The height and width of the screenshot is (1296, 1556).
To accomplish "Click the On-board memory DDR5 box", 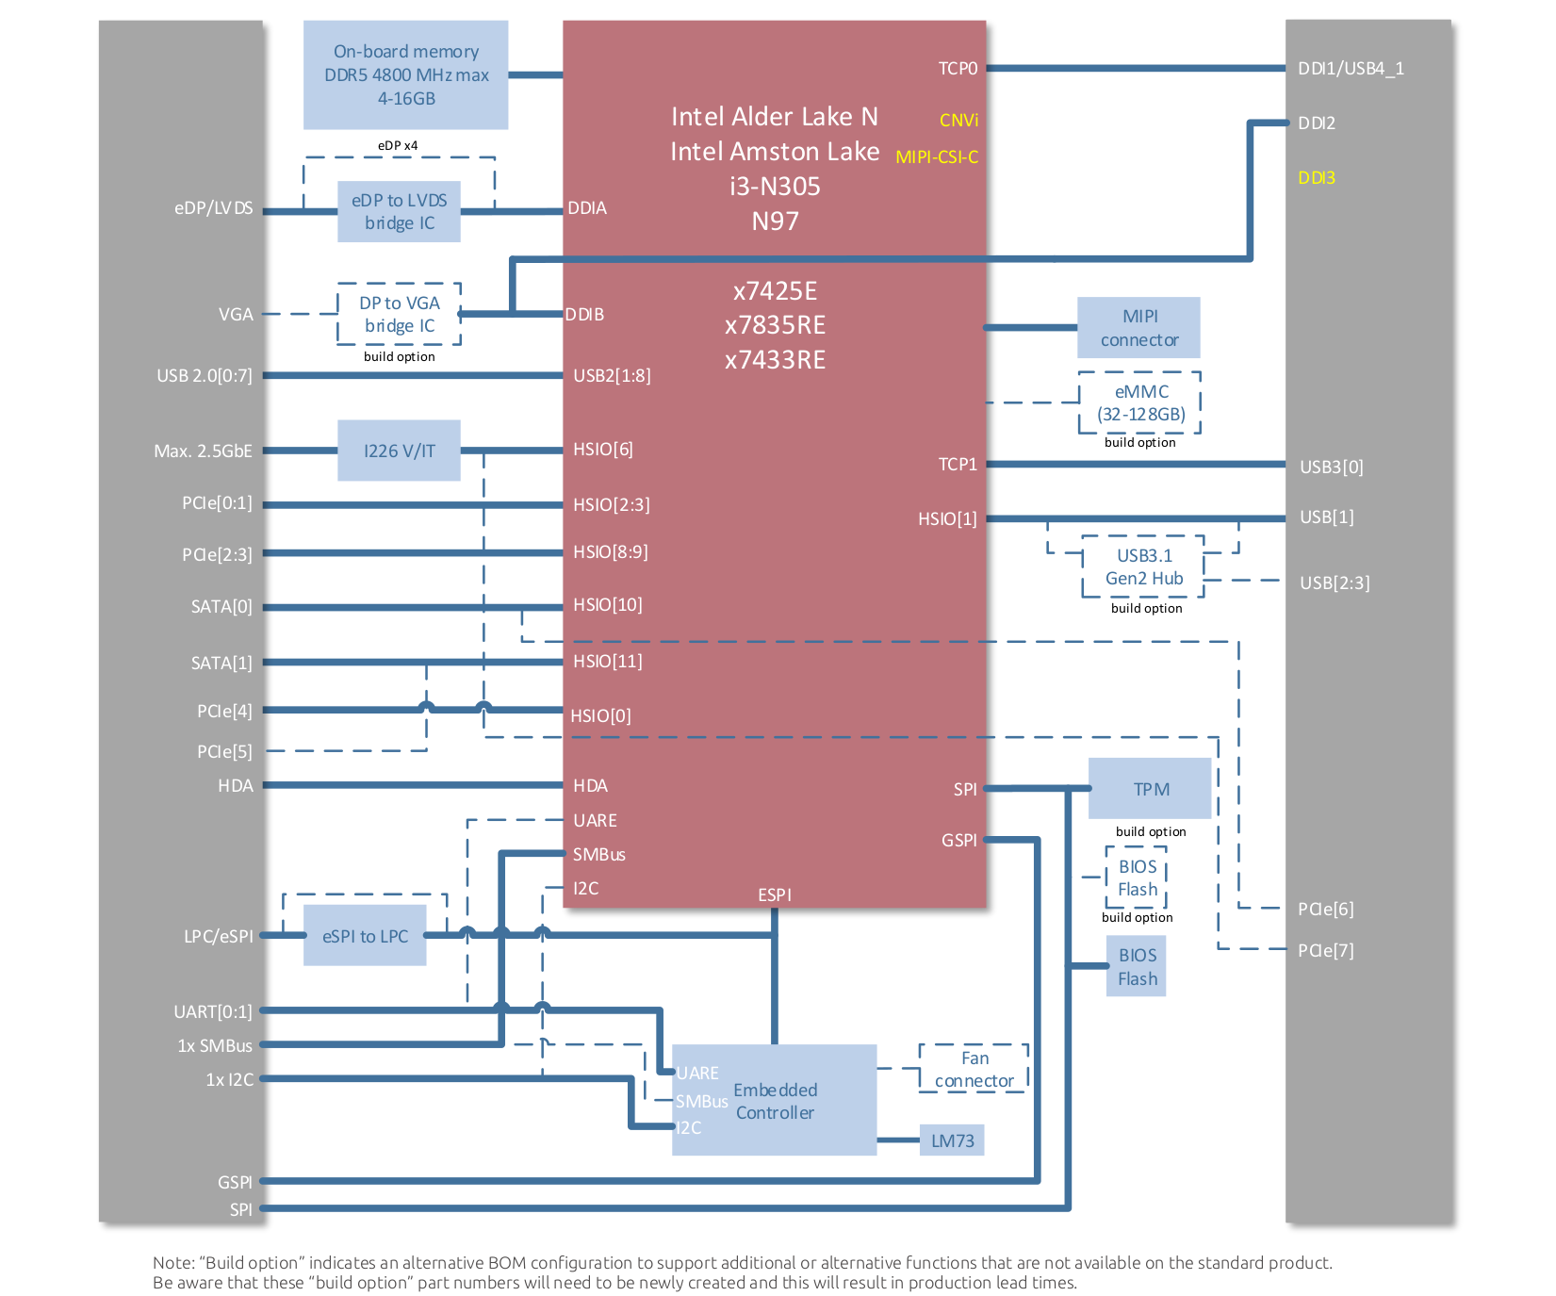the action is click(x=405, y=74).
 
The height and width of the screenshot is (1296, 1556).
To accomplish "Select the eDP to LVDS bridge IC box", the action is click(x=399, y=211).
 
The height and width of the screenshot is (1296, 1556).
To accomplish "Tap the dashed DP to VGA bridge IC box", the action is click(x=399, y=314).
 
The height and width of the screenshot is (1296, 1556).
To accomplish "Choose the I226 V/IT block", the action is click(x=399, y=451).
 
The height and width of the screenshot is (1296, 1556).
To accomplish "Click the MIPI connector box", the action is click(x=1138, y=327).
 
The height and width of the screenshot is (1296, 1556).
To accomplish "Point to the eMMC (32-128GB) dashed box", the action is click(x=1139, y=402).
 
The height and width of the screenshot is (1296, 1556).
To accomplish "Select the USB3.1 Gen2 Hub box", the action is click(x=1143, y=566).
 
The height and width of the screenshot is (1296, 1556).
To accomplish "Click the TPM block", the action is click(x=1150, y=788).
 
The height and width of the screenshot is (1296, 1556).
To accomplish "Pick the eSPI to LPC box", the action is click(x=365, y=935).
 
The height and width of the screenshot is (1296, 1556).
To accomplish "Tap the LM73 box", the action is click(x=952, y=1140).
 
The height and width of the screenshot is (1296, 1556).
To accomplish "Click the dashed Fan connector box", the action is click(x=974, y=1069).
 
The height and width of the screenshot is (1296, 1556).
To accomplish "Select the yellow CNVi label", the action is click(x=958, y=121).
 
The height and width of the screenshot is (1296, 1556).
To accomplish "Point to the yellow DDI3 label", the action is click(x=1317, y=177).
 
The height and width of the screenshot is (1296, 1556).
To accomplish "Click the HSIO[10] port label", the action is click(x=608, y=605).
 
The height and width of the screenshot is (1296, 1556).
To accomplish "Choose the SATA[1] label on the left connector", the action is click(x=221, y=664).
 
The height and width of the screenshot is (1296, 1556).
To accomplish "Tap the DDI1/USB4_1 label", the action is click(x=1351, y=69).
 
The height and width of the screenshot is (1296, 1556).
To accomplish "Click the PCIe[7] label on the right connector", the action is click(x=1325, y=950).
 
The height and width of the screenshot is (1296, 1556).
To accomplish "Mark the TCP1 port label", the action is click(x=958, y=465).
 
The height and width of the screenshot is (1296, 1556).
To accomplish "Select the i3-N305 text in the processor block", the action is click(x=775, y=187).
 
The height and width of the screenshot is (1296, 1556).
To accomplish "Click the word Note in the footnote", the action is click(x=173, y=1263).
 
